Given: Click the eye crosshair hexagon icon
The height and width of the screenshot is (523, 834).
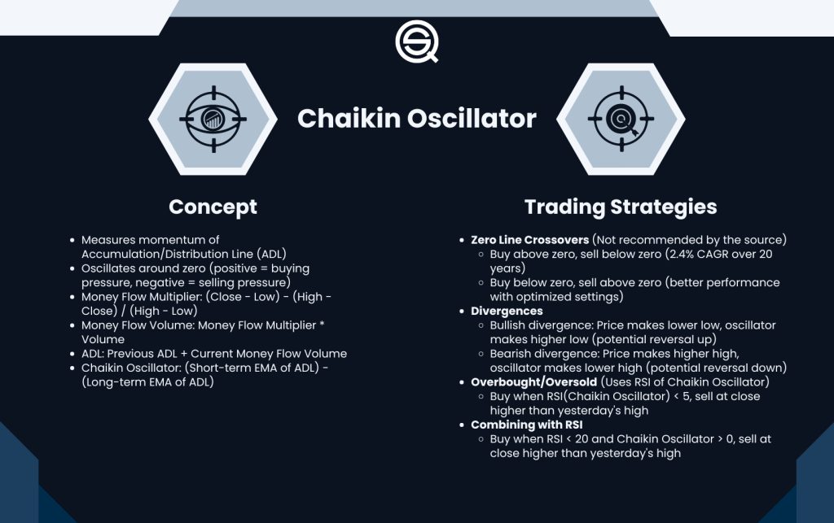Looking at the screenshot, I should (x=213, y=119).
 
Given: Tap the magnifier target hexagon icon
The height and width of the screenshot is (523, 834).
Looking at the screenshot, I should (x=620, y=119).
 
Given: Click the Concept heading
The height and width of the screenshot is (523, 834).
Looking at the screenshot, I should (x=213, y=207).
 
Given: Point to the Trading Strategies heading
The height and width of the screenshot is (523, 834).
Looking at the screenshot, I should (x=620, y=207).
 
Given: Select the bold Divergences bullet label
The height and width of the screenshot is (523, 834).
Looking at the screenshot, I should (x=507, y=311).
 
